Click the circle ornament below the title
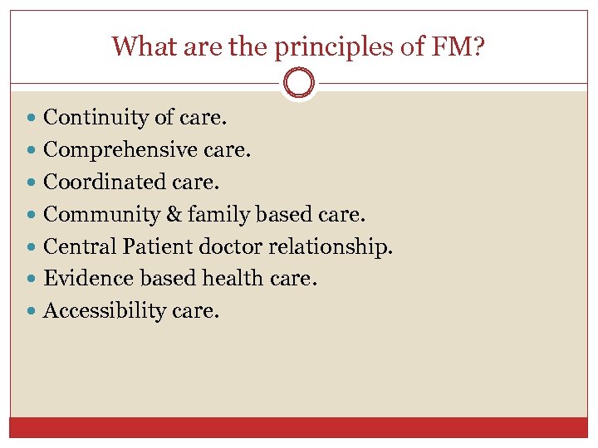coord(299,84)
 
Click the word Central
coord(78,246)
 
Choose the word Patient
coord(153,246)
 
